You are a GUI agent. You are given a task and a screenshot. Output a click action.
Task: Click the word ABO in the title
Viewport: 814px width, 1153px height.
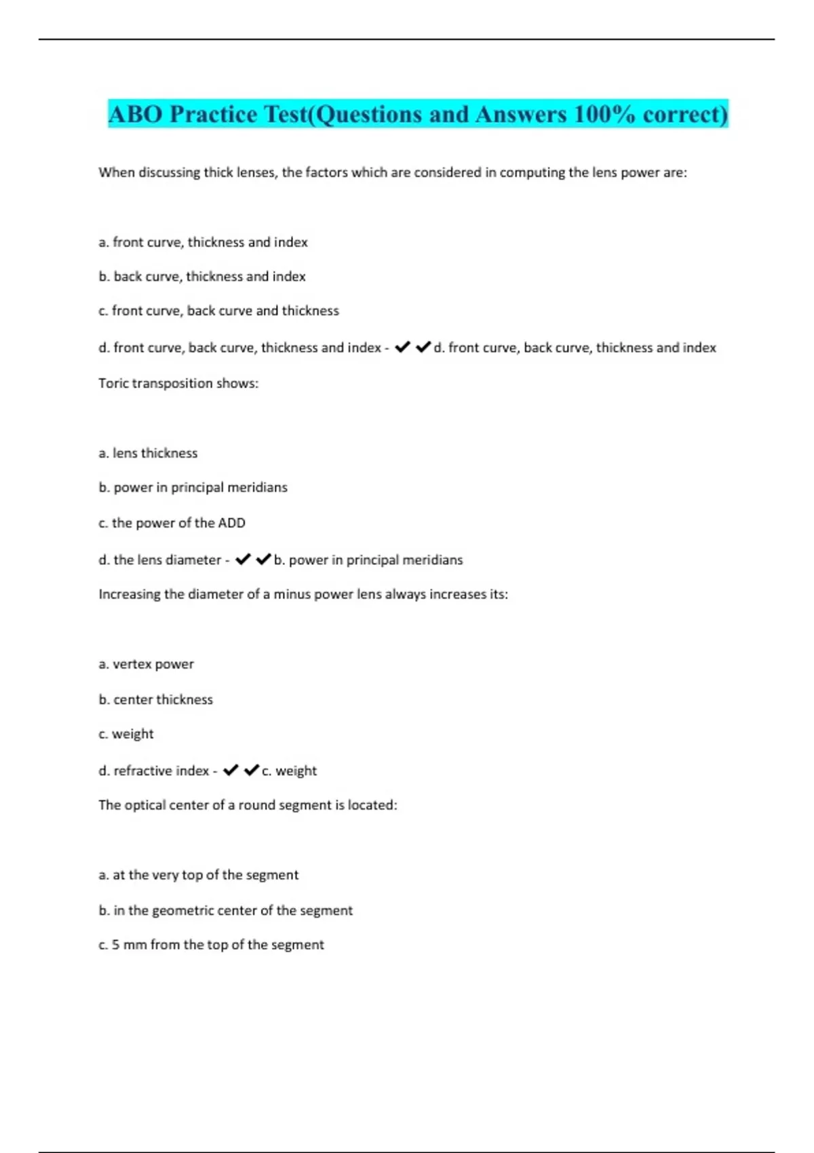[x=136, y=114]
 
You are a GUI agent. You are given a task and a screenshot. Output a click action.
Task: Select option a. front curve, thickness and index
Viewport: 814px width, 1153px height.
[x=203, y=242]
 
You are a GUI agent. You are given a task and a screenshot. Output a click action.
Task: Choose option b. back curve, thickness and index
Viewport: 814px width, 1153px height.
[x=202, y=277]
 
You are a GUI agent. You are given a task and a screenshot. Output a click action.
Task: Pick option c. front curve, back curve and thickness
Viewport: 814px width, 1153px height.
[x=218, y=311]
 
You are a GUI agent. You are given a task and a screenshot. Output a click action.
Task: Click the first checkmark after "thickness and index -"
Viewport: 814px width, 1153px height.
[x=402, y=347]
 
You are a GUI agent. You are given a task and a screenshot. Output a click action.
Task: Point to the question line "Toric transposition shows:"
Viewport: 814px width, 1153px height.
[x=178, y=383]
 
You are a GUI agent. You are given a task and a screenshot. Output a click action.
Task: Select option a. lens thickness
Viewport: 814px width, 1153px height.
[x=148, y=453]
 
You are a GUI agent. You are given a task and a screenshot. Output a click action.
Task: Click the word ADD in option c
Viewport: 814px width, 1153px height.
[x=231, y=523]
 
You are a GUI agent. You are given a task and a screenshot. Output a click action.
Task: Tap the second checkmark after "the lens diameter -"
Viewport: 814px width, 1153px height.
[x=263, y=560]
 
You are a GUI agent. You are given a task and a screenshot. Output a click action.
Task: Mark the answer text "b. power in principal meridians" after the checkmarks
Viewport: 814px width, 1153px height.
[x=368, y=560]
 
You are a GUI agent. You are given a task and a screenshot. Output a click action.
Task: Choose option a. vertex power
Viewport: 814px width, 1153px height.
[x=146, y=664]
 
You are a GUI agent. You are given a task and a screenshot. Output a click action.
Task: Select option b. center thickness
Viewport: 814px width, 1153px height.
[x=155, y=699]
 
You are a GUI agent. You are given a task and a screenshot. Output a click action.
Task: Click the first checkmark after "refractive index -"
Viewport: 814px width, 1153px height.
[x=231, y=770]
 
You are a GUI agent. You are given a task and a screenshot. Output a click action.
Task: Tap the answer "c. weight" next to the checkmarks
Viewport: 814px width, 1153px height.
[x=289, y=771]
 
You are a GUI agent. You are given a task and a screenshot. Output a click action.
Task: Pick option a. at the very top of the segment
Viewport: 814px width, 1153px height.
[x=198, y=875]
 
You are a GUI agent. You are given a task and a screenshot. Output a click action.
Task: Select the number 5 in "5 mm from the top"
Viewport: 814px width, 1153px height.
[x=115, y=945]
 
